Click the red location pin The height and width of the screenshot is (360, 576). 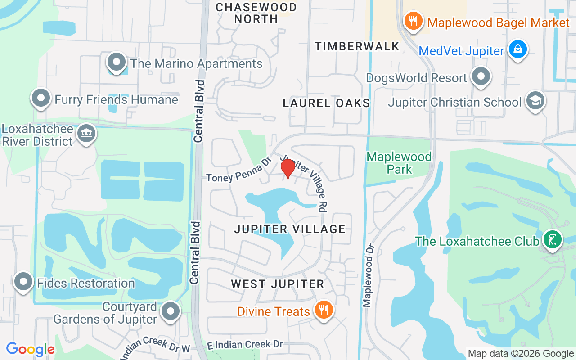288,168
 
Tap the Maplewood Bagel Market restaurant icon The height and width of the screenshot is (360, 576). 413,21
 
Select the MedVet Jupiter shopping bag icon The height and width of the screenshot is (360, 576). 518,49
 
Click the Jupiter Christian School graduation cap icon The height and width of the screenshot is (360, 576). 535,101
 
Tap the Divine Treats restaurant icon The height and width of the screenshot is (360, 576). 323,310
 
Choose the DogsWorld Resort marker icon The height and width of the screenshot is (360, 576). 481,76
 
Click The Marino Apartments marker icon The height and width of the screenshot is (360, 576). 117,62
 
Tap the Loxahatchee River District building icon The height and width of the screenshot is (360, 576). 86,133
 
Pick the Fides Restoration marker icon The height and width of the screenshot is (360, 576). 23,282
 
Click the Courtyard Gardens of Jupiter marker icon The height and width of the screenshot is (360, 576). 171,311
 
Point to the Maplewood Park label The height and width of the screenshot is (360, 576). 399,163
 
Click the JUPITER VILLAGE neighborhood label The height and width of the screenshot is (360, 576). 290,229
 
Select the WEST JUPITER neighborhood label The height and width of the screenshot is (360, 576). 278,284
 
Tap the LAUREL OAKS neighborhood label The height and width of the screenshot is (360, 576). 326,103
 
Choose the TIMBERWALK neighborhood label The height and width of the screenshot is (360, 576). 357,46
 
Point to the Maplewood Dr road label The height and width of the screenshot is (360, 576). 369,275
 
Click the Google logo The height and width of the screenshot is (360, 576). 31,349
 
